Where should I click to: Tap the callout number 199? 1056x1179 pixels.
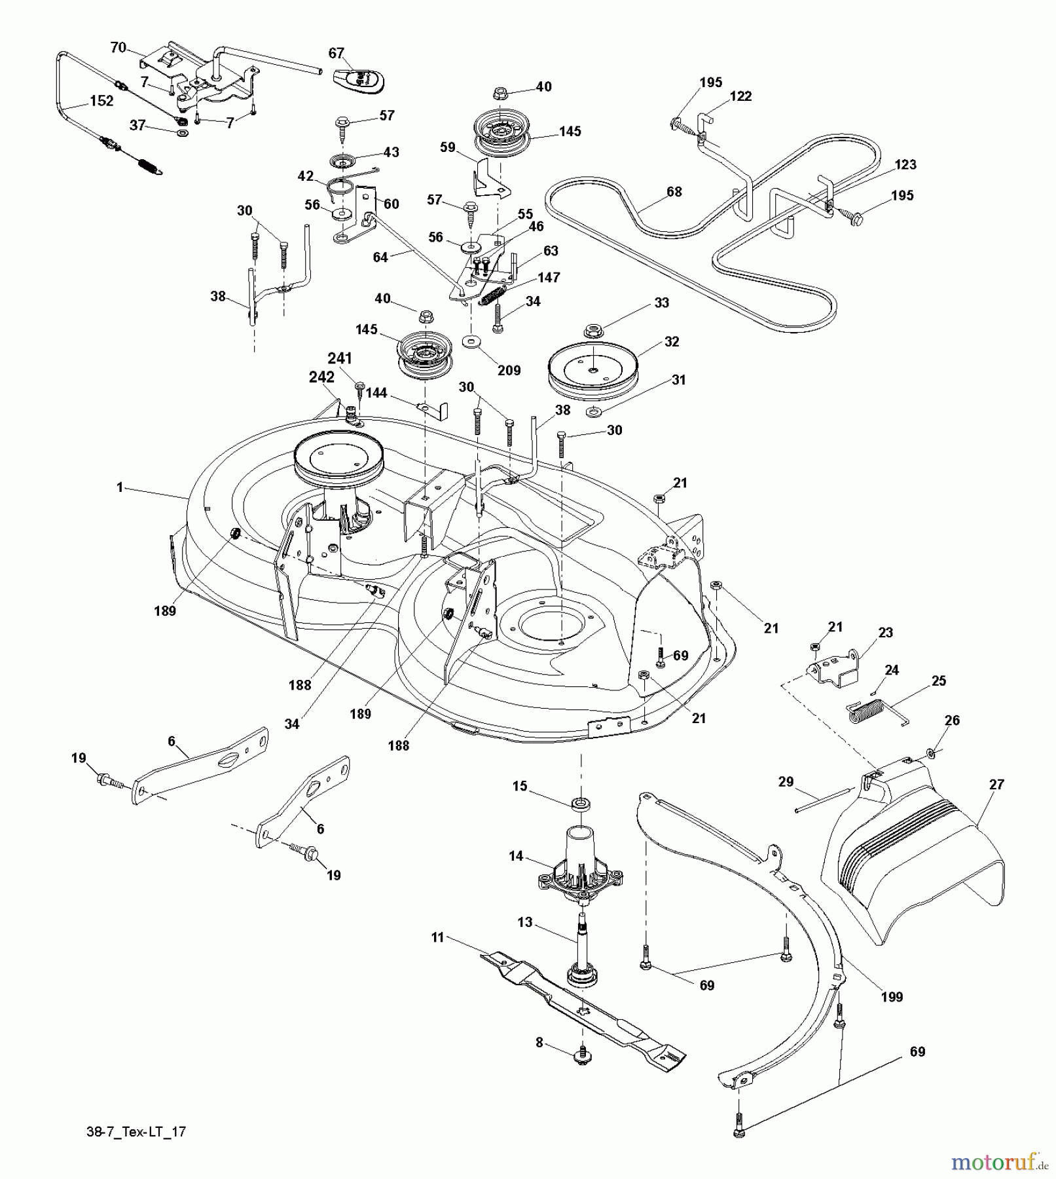coord(892,996)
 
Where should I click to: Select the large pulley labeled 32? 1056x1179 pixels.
coord(592,369)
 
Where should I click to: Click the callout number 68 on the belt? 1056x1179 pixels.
coord(674,191)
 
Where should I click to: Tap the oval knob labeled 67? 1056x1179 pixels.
coord(358,81)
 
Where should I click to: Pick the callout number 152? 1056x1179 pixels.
coord(101,101)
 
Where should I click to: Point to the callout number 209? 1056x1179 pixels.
coord(509,370)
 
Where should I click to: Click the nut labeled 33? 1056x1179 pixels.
coord(594,328)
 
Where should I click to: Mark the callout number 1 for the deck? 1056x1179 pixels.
coord(120,487)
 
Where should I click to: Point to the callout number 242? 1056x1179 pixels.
coord(321,377)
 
